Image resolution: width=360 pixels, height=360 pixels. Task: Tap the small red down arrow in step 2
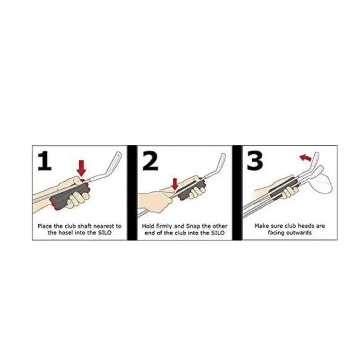coord(175,183)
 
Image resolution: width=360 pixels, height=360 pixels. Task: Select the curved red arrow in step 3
coord(306,157)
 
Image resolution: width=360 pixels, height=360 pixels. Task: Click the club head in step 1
coord(114,162)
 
